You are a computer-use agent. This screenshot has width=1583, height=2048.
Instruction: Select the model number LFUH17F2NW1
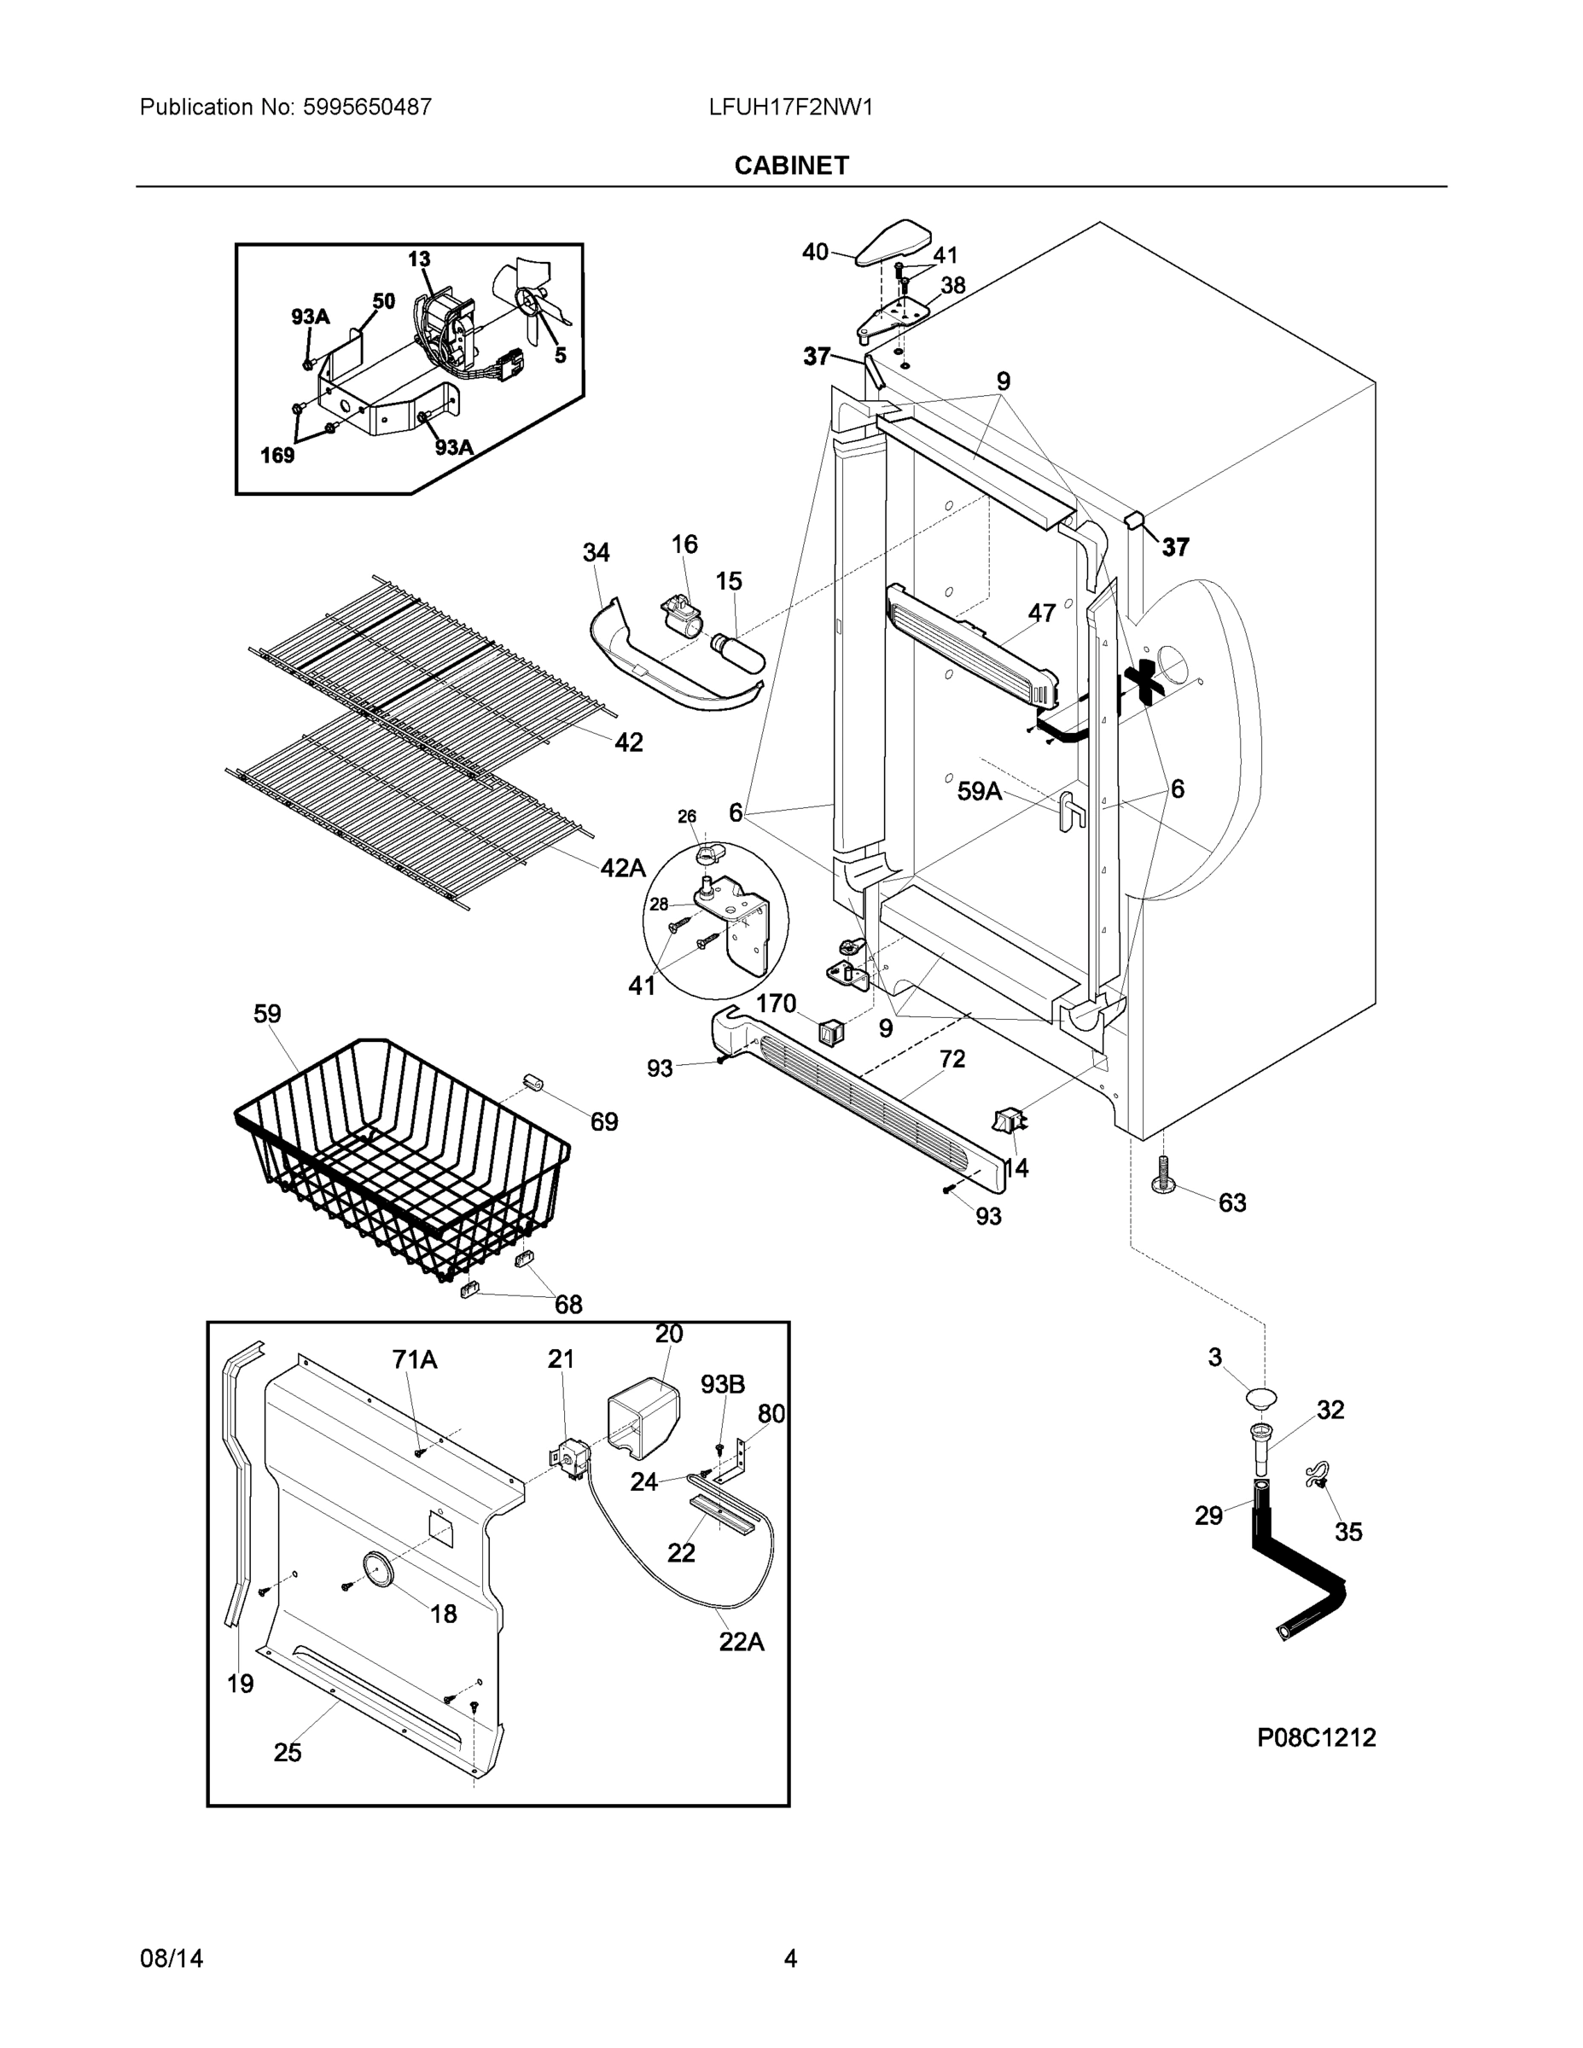790,107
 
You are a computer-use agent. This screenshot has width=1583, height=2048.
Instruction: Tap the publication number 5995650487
367,107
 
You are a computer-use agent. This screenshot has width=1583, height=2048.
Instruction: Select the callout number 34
596,552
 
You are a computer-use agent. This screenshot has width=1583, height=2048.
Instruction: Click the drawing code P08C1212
1316,1737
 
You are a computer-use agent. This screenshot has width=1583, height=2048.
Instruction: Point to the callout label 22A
741,1641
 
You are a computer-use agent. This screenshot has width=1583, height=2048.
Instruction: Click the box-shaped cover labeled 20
643,1421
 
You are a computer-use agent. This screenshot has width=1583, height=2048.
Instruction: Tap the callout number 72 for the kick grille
952,1059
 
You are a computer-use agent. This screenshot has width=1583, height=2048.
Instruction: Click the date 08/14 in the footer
171,1958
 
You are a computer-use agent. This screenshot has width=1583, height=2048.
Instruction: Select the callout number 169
277,455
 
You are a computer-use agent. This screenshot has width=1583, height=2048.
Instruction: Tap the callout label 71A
415,1359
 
